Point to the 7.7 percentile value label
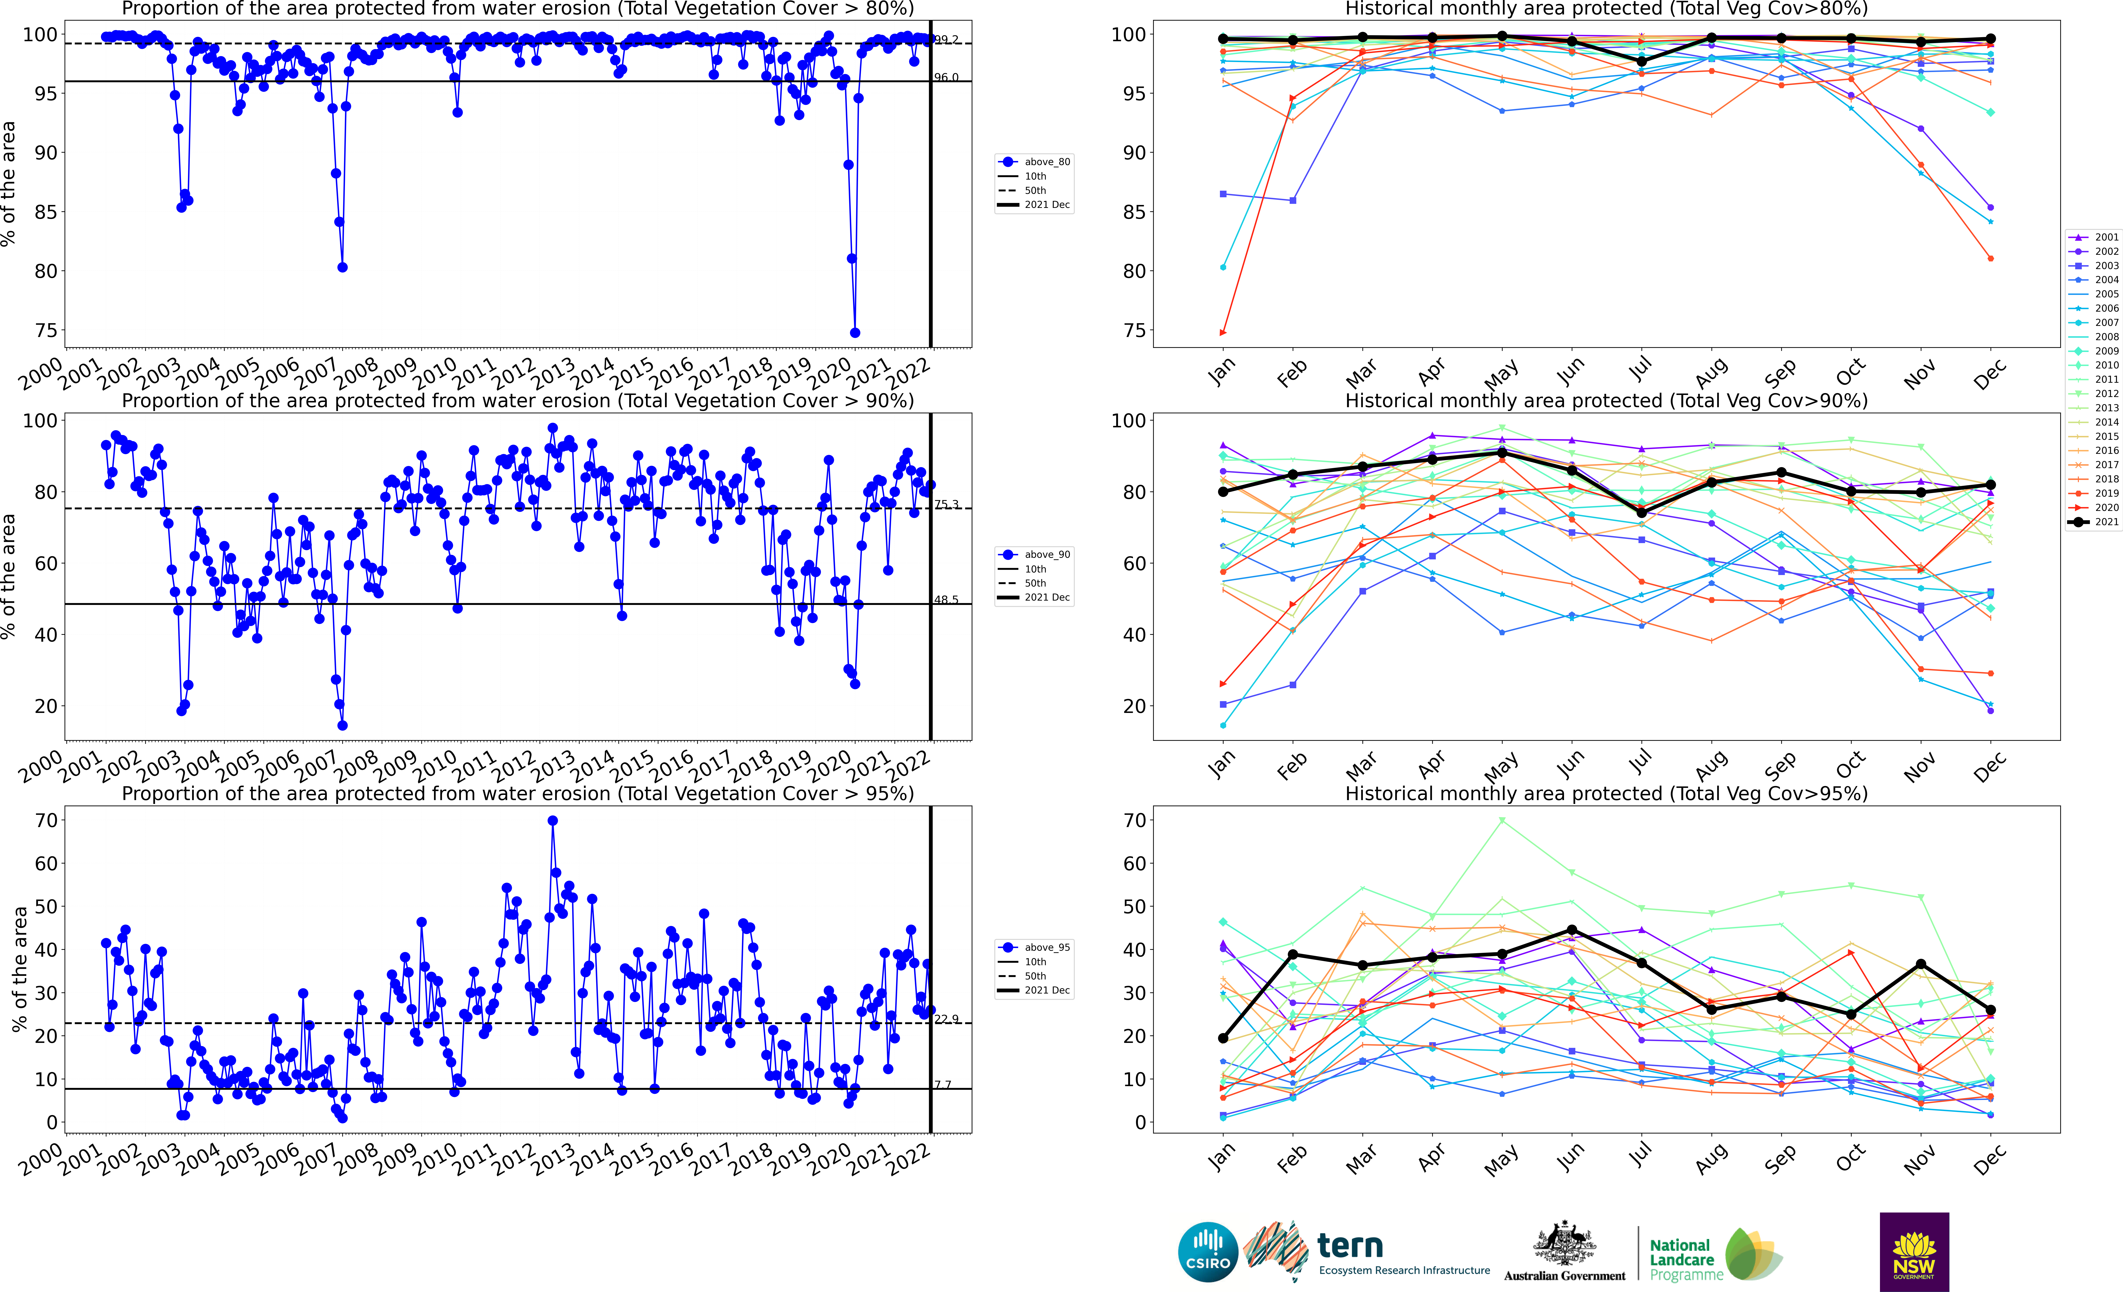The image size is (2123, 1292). point(943,1084)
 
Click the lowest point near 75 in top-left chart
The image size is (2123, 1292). point(855,332)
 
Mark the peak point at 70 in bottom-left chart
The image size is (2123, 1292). point(552,821)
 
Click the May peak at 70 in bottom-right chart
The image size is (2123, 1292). point(1502,821)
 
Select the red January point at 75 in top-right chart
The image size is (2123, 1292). point(1223,332)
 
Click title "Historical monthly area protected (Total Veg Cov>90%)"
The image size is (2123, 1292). point(1606,401)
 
